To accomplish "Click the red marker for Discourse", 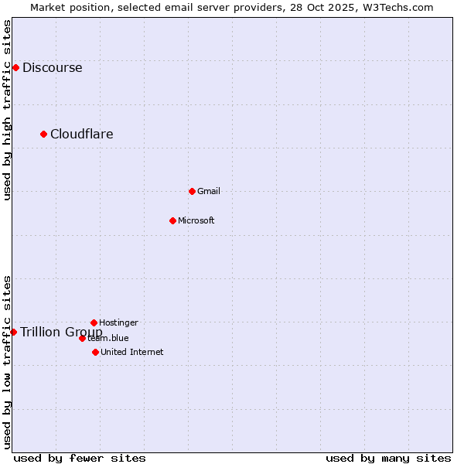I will (x=15, y=67).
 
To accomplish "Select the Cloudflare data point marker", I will (x=44, y=134).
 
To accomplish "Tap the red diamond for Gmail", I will (x=192, y=191).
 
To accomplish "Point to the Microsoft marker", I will (x=172, y=220).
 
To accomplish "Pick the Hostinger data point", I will (x=94, y=322).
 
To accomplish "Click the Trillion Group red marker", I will (x=13, y=332).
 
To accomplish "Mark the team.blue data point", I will (x=82, y=338).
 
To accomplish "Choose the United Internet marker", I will (x=95, y=352).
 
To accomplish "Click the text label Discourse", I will (x=52, y=67).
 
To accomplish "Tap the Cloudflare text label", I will (x=81, y=134).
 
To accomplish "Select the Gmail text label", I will (x=208, y=191).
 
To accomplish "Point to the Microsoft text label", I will (x=196, y=220).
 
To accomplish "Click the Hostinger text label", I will (x=118, y=322).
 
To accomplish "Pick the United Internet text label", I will (x=131, y=352).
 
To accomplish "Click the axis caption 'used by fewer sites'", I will (x=80, y=458).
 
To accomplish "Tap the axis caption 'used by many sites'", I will (x=388, y=458).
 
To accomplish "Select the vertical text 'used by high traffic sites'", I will (x=8, y=110).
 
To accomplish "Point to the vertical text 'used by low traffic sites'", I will (x=8, y=362).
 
